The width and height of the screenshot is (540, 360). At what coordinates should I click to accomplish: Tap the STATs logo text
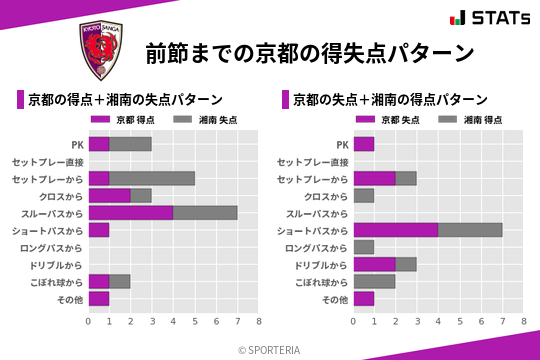pyautogui.click(x=491, y=17)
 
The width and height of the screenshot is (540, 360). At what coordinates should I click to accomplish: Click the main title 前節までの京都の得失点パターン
pyautogui.click(x=308, y=52)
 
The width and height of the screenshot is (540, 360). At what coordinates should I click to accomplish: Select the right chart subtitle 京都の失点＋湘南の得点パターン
pyautogui.click(x=390, y=100)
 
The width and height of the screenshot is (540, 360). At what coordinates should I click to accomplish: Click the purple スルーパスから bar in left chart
pyautogui.click(x=131, y=213)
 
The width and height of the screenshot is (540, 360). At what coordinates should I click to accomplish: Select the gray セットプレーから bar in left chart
pyautogui.click(x=152, y=178)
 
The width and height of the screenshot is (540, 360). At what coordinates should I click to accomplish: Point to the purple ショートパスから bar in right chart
pyautogui.click(x=396, y=230)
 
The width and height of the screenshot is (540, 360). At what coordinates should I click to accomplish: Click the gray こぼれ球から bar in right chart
pyautogui.click(x=375, y=282)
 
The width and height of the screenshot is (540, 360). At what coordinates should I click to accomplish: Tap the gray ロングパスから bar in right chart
pyautogui.click(x=364, y=247)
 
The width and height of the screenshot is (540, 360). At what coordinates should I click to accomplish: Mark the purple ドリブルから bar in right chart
pyautogui.click(x=375, y=265)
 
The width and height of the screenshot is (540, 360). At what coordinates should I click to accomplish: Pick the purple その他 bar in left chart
pyautogui.click(x=99, y=299)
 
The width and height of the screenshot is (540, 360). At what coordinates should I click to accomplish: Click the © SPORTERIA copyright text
pyautogui.click(x=270, y=349)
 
